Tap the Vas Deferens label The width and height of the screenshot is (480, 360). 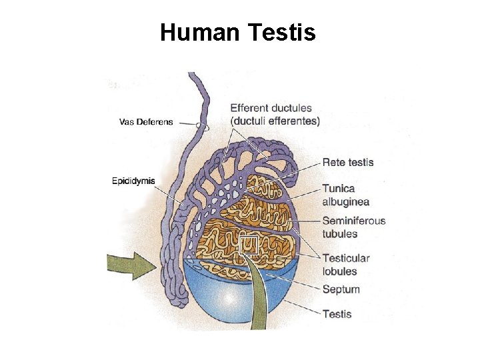(146, 122)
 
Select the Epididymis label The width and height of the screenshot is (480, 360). (133, 180)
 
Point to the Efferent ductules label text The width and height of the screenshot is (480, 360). (271, 108)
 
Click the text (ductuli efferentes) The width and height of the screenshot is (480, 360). (275, 121)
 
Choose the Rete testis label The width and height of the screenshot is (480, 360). (348, 162)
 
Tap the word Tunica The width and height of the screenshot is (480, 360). (339, 189)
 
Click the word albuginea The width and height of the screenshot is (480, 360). (346, 201)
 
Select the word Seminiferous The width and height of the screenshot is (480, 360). (354, 221)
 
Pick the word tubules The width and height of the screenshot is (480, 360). (340, 233)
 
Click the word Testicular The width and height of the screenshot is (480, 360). (346, 258)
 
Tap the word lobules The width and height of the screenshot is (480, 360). (340, 271)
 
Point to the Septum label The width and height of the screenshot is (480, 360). (341, 289)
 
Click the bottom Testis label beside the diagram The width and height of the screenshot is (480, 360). (337, 313)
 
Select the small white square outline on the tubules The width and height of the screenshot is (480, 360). (249, 246)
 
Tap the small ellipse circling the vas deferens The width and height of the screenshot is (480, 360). (203, 126)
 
